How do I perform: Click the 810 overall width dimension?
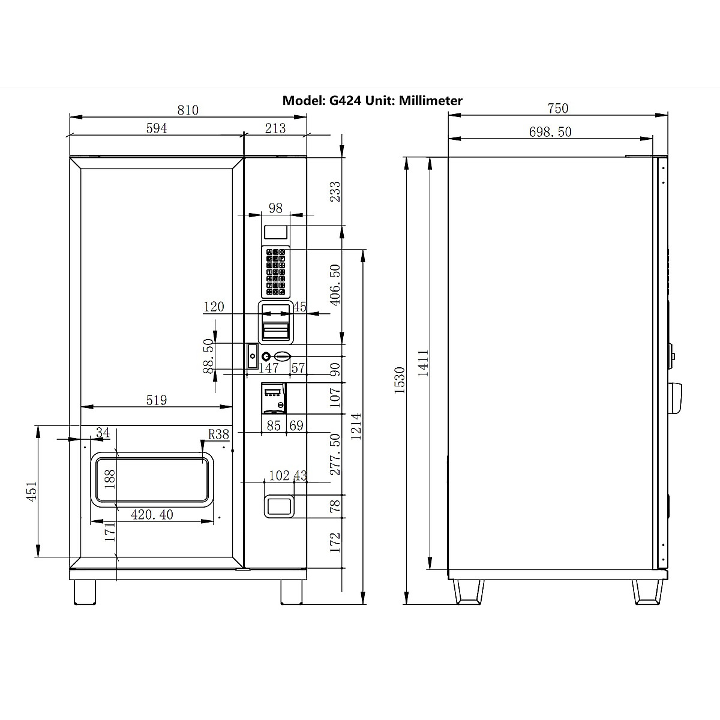click(188, 110)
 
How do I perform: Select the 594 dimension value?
click(156, 128)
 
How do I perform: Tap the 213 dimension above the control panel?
click(275, 128)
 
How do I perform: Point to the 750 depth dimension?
click(558, 109)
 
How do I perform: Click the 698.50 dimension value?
click(550, 132)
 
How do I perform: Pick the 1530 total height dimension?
click(400, 380)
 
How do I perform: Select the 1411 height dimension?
click(423, 363)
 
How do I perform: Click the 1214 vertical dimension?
click(356, 427)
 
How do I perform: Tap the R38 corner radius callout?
click(218, 434)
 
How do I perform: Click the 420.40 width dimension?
click(152, 515)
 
